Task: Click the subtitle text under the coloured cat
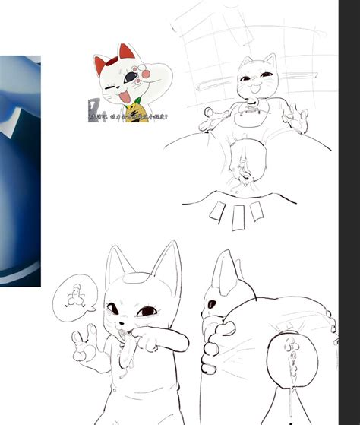coord(129,117)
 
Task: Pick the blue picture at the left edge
coord(19,167)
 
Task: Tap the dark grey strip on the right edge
coord(349,213)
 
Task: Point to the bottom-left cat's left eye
coord(115,309)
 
